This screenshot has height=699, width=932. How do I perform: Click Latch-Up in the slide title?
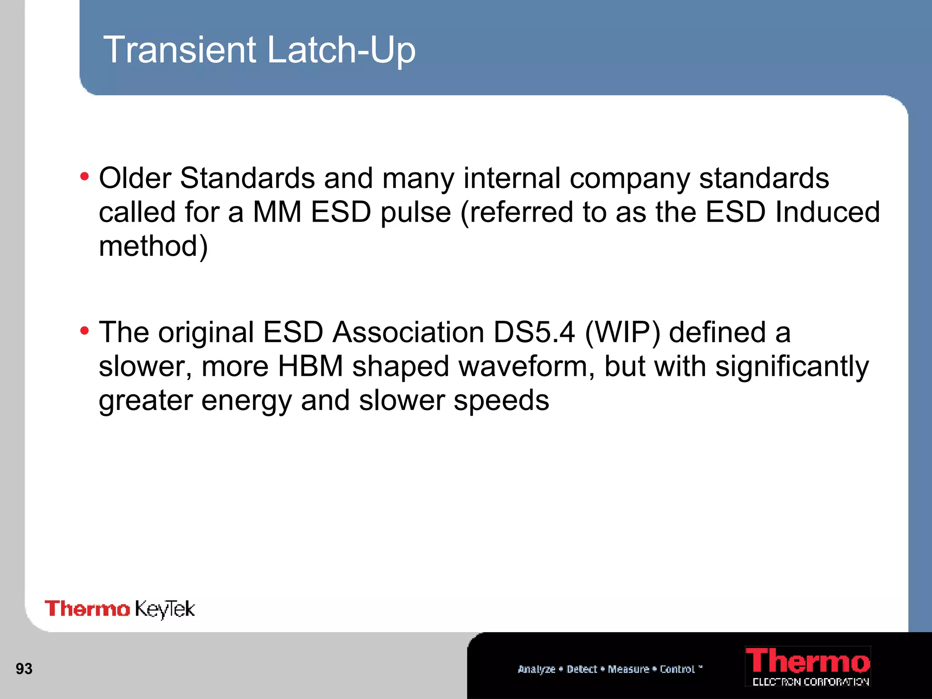tap(341, 50)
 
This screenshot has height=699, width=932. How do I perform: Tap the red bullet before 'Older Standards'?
tap(84, 177)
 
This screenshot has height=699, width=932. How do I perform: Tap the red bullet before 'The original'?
tap(84, 331)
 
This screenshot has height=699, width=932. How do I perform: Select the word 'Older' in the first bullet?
tap(135, 178)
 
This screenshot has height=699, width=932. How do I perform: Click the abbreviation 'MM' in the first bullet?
tap(277, 212)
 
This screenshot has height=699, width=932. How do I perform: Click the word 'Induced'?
tap(827, 212)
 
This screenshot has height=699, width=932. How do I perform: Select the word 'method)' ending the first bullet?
tap(153, 247)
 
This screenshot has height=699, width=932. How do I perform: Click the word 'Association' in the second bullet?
tap(408, 332)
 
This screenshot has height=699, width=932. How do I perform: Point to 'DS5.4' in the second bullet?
tap(534, 332)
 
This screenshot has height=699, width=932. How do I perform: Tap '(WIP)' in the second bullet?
tap(622, 332)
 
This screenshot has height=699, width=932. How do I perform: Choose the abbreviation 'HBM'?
tap(310, 366)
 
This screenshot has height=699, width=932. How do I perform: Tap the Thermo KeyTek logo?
tap(120, 609)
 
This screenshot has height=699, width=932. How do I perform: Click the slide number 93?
tap(24, 669)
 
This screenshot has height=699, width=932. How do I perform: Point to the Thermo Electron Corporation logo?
tap(808, 666)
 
